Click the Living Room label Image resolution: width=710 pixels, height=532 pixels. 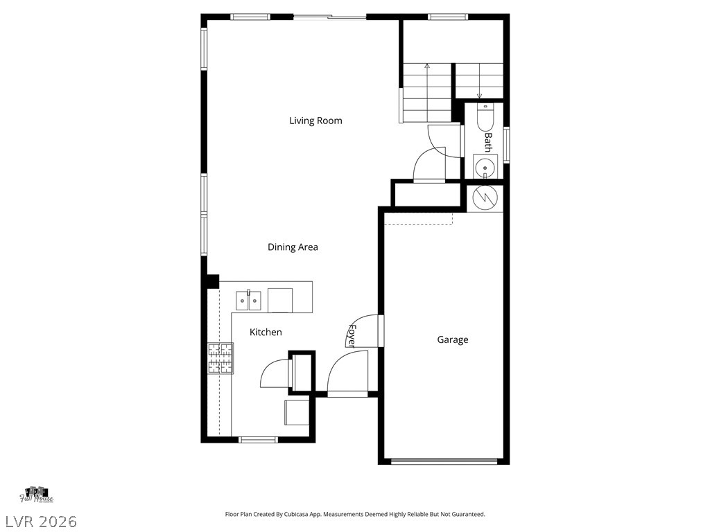tap(315, 121)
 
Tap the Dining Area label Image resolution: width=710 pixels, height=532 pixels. tap(293, 247)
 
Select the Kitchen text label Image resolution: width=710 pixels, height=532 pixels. tap(266, 332)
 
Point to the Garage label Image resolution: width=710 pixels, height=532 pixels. tap(452, 339)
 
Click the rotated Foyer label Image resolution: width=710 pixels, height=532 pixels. tap(352, 335)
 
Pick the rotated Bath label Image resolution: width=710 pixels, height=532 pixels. tap(487, 143)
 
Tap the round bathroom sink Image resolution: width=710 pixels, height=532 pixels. tap(485, 166)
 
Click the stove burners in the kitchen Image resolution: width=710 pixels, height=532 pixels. tap(220, 359)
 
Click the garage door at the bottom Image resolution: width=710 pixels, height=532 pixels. tap(444, 461)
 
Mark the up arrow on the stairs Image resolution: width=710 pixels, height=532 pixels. tap(426, 67)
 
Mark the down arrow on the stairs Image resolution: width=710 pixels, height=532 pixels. tap(479, 95)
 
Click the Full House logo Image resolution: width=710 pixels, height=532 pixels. tap(37, 495)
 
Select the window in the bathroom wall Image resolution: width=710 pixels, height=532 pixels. tap(507, 144)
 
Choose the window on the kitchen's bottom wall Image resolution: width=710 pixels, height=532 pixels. tap(258, 439)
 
